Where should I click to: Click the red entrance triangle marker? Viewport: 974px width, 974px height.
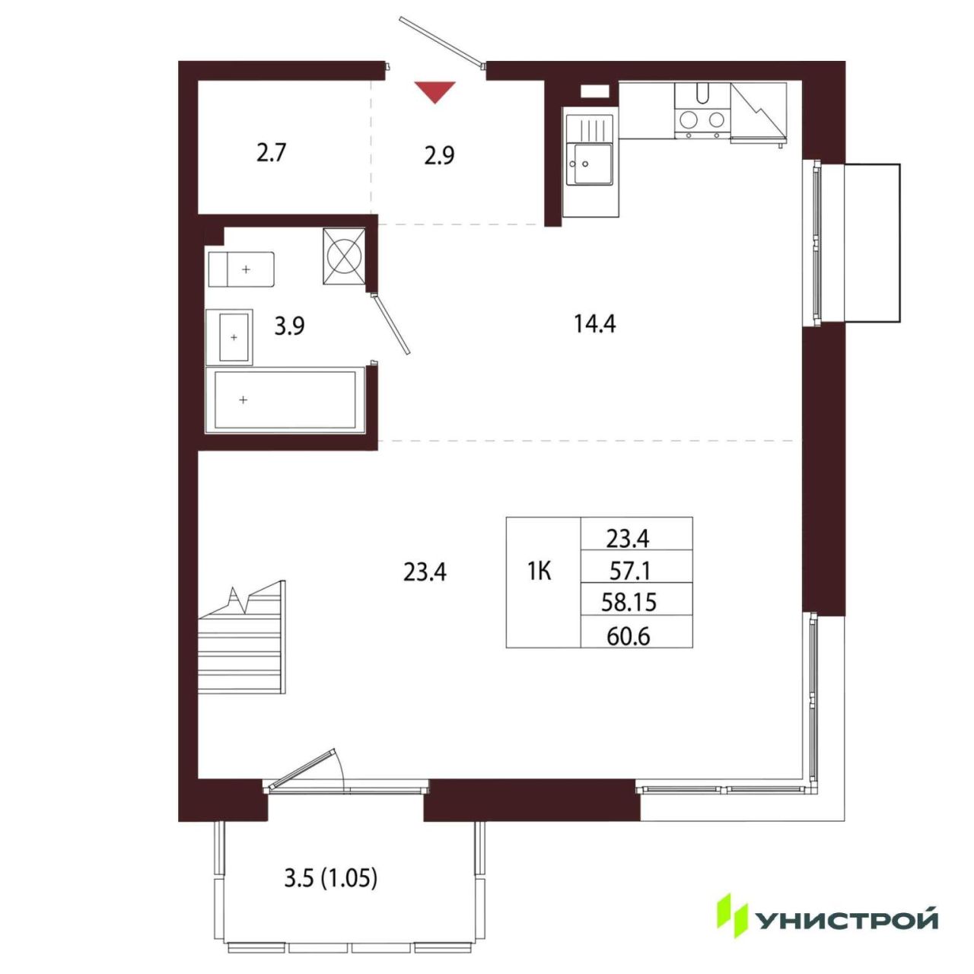point(434,92)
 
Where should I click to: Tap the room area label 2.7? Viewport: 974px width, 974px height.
point(272,153)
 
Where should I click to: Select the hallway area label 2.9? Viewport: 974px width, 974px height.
point(439,156)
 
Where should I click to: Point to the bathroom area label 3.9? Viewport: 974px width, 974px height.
point(289,326)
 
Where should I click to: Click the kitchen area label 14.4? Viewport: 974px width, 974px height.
point(594,323)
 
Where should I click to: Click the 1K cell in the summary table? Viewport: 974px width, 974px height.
point(540,571)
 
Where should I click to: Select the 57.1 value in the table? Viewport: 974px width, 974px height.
point(629,571)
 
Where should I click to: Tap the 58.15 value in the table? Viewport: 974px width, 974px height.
point(629,602)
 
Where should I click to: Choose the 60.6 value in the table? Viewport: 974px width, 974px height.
point(629,637)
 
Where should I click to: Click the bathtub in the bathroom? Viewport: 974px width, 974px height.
point(285,399)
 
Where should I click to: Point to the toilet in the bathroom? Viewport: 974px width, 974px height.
point(241,269)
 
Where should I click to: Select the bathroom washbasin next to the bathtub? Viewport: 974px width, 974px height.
point(229,336)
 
